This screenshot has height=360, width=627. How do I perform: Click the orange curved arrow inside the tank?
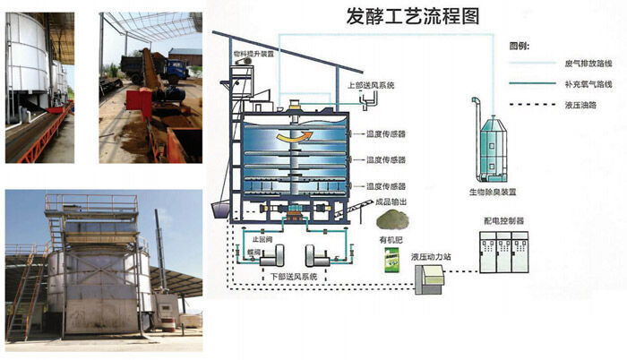293,137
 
